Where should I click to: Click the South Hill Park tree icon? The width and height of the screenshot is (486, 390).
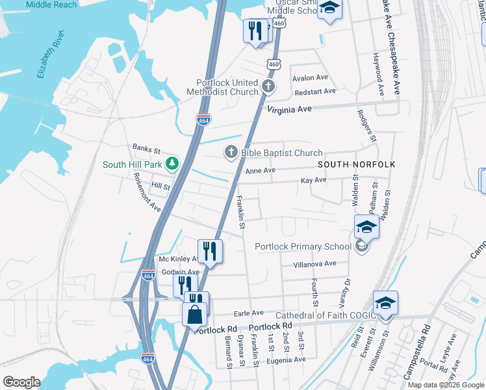(x=172, y=164)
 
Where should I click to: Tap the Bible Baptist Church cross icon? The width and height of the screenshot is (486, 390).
(x=231, y=153)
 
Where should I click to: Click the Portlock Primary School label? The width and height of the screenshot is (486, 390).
(x=303, y=246)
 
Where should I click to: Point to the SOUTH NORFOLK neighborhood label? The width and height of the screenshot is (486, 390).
(x=356, y=164)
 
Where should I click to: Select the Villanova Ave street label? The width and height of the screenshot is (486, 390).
(x=314, y=263)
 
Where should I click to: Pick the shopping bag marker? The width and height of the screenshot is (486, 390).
(x=195, y=315)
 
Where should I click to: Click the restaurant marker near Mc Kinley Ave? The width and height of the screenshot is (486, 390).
(x=210, y=251)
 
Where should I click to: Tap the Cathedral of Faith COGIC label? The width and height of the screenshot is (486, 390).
(x=326, y=316)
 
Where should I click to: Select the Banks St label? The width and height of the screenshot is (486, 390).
(x=146, y=149)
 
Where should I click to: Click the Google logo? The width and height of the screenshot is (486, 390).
(x=21, y=382)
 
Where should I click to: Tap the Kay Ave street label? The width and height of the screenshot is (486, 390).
(x=313, y=179)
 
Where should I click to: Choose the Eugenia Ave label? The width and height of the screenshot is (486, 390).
(x=285, y=359)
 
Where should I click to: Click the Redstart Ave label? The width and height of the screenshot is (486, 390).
(x=314, y=91)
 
